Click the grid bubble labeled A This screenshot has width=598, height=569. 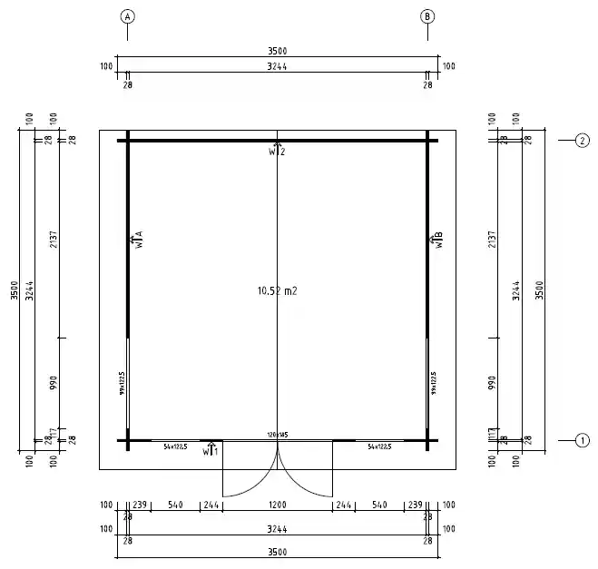(127, 16)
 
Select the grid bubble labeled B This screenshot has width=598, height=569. (428, 16)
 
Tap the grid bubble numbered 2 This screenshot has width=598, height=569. (582, 141)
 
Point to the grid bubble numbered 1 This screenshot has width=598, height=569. (582, 441)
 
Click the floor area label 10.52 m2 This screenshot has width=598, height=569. (278, 291)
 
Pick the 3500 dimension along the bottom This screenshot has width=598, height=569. (278, 553)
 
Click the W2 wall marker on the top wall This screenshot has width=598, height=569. (277, 150)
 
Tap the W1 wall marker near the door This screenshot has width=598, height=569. (211, 449)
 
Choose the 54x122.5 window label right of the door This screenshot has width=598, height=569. (379, 447)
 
